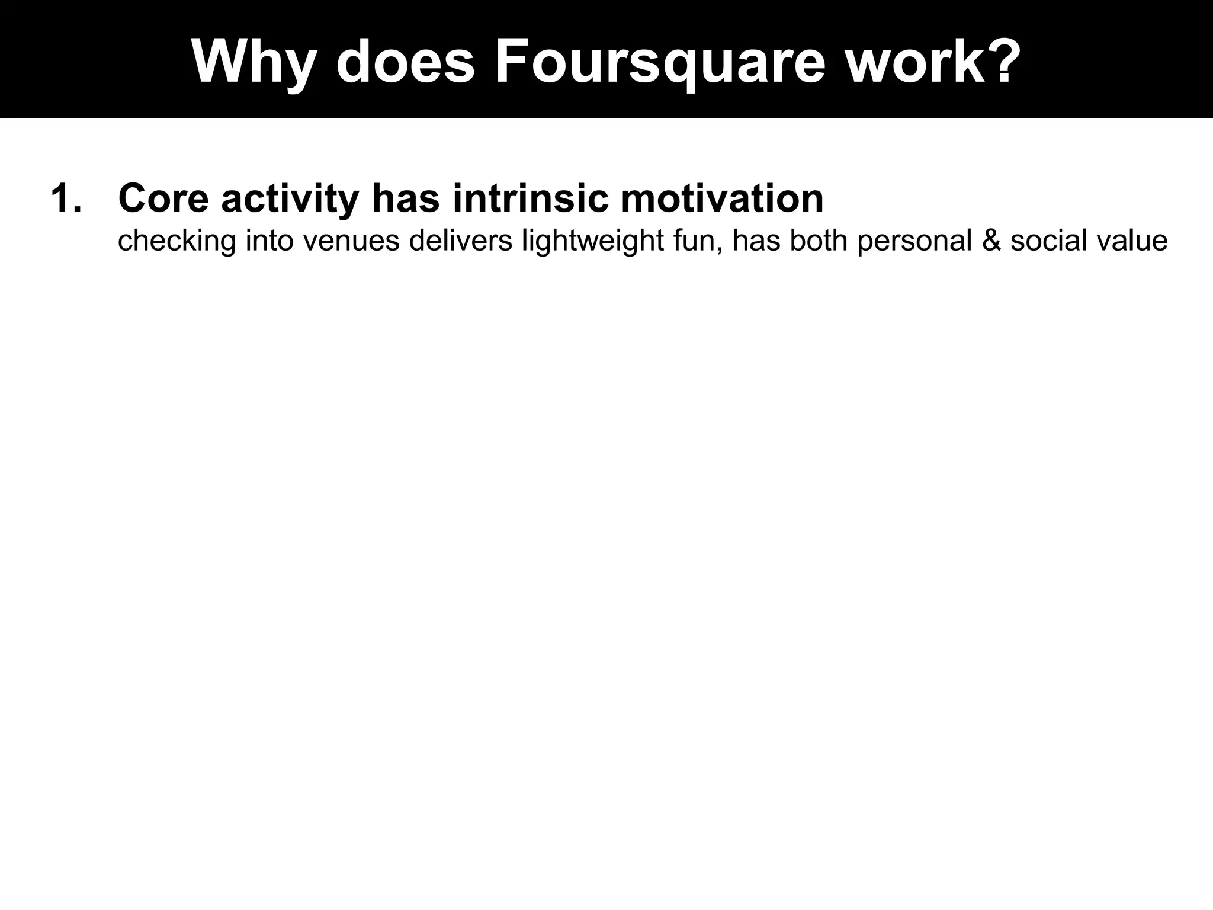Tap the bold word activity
pos(290,200)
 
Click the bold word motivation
pos(722,198)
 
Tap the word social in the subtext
pos(1050,241)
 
